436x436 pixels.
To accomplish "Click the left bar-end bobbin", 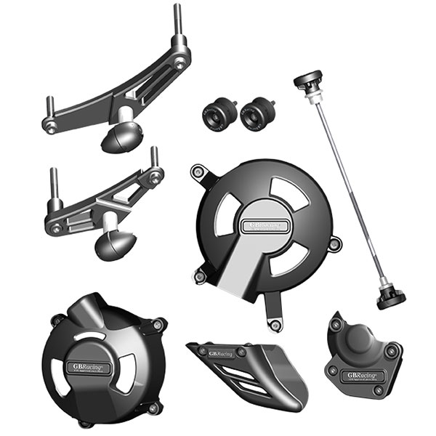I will coord(216,114).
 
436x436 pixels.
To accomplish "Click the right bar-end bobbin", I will coord(255,114).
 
